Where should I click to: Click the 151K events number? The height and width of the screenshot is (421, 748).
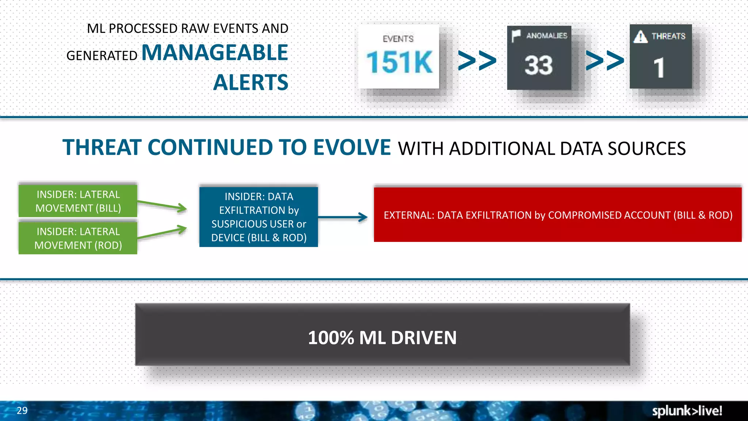399,62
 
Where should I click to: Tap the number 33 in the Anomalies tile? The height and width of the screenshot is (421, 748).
539,65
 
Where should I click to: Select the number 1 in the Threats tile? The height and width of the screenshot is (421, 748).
659,68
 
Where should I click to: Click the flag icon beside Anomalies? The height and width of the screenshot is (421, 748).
516,36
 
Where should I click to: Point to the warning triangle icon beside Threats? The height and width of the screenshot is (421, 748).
641,37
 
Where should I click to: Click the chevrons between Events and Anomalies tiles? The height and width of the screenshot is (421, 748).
477,60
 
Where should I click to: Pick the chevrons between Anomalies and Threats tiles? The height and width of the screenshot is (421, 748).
605,60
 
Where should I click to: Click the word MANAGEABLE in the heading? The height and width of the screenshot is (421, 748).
215,53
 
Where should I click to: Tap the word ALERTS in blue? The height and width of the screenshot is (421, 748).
251,83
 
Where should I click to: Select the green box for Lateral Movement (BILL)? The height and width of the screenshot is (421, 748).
78,201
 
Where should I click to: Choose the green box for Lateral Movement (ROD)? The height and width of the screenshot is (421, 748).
78,238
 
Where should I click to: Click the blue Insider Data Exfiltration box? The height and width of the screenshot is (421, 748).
259,217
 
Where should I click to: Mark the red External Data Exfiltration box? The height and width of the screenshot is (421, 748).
558,215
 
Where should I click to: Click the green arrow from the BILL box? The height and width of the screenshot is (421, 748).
162,205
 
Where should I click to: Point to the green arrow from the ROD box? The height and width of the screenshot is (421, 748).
162,233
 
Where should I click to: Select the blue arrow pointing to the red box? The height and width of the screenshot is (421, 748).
343,217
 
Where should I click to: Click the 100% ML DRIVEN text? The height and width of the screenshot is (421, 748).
382,337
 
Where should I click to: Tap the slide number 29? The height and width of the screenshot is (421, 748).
22,410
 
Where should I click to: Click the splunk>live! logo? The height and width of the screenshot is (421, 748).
687,411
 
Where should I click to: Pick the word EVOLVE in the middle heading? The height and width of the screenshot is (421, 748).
352,147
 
